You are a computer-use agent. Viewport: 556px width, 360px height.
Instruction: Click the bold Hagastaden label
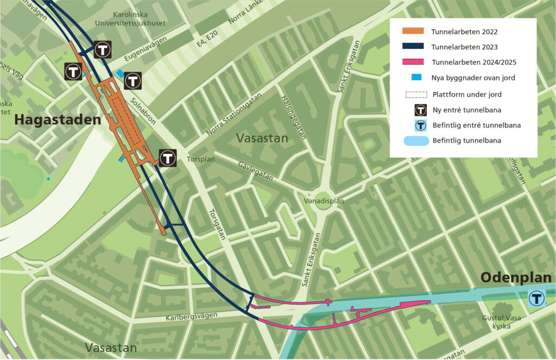point(58,119)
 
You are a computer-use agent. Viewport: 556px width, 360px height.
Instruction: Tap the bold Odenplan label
point(515,278)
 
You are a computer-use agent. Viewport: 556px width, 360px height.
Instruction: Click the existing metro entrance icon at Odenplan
point(537,298)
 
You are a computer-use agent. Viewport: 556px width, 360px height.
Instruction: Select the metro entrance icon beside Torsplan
point(168,158)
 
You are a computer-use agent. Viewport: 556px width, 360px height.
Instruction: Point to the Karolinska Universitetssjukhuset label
point(138,19)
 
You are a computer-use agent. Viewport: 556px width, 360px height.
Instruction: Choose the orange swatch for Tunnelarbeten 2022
point(414,32)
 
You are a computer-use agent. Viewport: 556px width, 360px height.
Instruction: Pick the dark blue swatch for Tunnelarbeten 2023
point(414,47)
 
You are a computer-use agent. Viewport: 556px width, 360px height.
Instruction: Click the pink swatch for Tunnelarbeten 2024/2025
point(414,62)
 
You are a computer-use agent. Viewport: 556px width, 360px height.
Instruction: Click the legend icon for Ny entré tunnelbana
point(420,110)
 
